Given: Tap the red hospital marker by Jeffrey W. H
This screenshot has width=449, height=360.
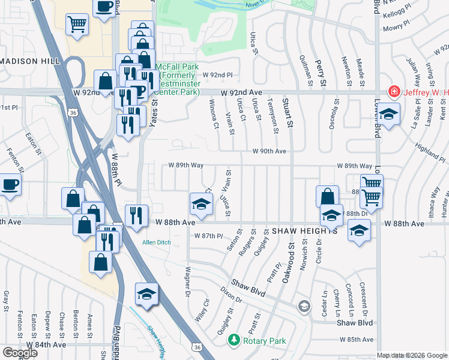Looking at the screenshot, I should click(394, 92).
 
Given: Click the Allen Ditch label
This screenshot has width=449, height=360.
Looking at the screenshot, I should click(156, 242).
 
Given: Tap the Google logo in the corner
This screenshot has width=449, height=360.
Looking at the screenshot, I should click(20, 353).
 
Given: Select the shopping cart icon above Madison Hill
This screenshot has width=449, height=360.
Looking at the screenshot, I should click(77, 25).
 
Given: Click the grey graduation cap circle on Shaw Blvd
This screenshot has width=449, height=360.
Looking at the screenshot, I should click(304, 307).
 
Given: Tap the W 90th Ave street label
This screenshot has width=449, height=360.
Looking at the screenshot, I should click(269, 152).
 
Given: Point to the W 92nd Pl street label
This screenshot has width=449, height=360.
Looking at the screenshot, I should click(217, 75).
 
